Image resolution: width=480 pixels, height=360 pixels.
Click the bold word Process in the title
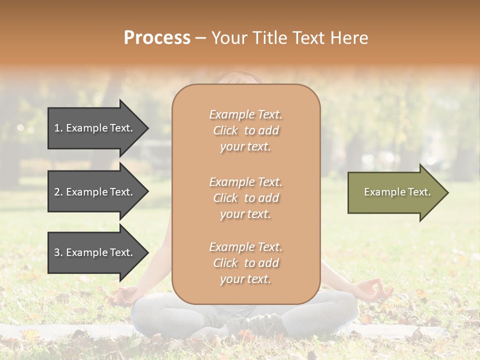tap(157, 38)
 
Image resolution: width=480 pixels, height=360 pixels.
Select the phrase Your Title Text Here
tap(289, 38)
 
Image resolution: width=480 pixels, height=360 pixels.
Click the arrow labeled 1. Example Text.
tap(95, 128)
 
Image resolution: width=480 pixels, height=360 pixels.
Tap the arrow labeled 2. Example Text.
tap(95, 192)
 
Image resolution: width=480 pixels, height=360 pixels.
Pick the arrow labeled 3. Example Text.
tap(95, 252)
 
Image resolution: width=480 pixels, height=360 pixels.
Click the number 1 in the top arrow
tap(57, 128)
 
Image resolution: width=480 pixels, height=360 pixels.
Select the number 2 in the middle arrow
tap(57, 192)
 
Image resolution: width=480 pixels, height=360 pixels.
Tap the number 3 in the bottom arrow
tap(57, 252)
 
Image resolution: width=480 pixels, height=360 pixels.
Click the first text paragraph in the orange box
tap(245, 130)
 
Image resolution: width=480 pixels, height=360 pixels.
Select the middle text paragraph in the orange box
tap(245, 198)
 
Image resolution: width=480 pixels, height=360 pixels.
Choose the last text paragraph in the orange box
tap(245, 263)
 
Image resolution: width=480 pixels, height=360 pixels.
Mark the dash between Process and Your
tap(200, 38)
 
